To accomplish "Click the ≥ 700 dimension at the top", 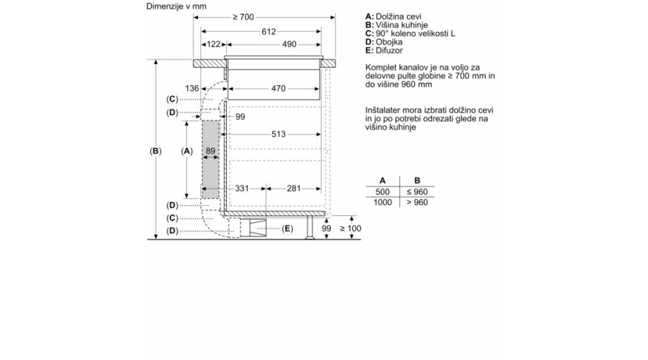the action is click(x=243, y=17).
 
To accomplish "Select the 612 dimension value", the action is click(x=269, y=32).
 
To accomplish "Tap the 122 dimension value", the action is click(x=213, y=44).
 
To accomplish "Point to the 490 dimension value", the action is click(x=289, y=44).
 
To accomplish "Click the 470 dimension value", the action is click(x=279, y=89).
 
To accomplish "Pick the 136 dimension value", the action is click(x=192, y=89).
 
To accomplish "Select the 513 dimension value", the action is click(x=279, y=134).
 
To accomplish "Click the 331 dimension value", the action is click(x=242, y=189).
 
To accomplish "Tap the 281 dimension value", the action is click(x=294, y=189).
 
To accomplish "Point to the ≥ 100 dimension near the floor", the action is click(x=351, y=228).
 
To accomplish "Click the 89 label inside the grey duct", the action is click(x=210, y=151).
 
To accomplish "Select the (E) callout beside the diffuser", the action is click(x=287, y=228).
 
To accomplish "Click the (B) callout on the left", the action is click(x=156, y=151).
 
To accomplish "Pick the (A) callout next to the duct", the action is click(x=186, y=151).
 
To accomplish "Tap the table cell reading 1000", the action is click(x=383, y=202).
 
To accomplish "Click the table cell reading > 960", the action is click(x=418, y=202).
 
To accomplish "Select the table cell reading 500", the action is click(x=383, y=192).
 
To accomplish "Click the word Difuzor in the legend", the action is click(x=389, y=50).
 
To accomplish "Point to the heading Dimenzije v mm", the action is click(x=176, y=6).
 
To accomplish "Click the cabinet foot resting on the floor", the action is click(x=310, y=228).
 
